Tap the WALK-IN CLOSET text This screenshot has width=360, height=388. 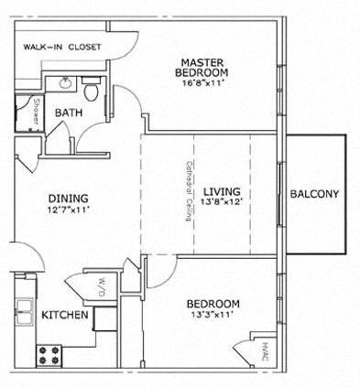pyautogui.click(x=62, y=47)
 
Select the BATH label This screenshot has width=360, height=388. pyautogui.click(x=68, y=113)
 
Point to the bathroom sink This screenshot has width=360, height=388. pyautogui.click(x=65, y=84)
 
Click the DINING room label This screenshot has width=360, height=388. pyautogui.click(x=69, y=198)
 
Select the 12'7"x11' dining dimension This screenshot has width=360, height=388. pyautogui.click(x=69, y=210)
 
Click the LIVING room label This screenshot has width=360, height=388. pyautogui.click(x=222, y=191)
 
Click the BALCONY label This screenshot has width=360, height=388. pyautogui.click(x=314, y=194)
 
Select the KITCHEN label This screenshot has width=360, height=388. pyautogui.click(x=65, y=315)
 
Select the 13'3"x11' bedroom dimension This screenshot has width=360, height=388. pyautogui.click(x=213, y=317)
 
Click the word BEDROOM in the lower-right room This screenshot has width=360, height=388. pyautogui.click(x=213, y=304)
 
